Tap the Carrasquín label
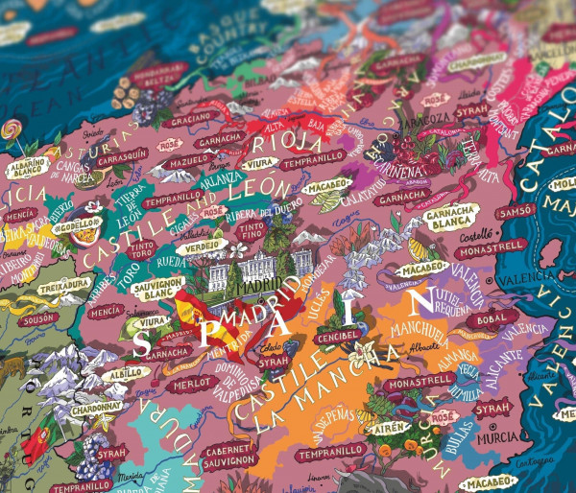[x=121, y=153]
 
